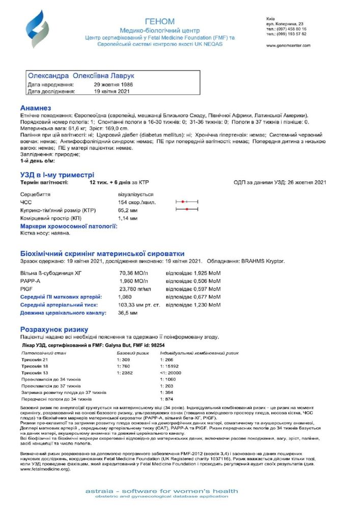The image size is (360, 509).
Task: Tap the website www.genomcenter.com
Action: (x=286, y=45)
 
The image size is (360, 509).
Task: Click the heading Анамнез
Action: (x=36, y=108)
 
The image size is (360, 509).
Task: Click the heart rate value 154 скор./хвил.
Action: (x=134, y=203)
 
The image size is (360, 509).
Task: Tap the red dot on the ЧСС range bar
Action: (x=183, y=202)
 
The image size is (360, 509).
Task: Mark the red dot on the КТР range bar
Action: (x=187, y=210)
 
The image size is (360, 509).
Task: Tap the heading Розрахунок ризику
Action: (x=54, y=329)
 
